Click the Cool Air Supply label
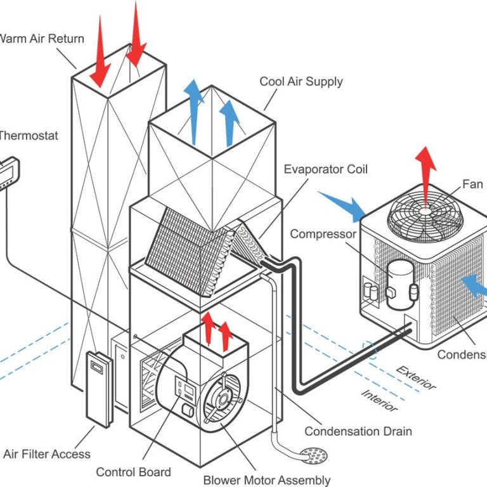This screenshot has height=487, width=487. click(301, 82)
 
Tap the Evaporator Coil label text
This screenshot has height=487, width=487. click(325, 169)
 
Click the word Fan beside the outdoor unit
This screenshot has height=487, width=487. click(472, 184)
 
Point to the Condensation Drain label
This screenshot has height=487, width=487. click(358, 431)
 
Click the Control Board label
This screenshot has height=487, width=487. click(133, 472)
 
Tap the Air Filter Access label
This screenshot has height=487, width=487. click(47, 453)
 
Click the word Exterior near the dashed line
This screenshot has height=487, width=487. click(417, 377)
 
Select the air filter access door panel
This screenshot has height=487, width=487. click(98, 387)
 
